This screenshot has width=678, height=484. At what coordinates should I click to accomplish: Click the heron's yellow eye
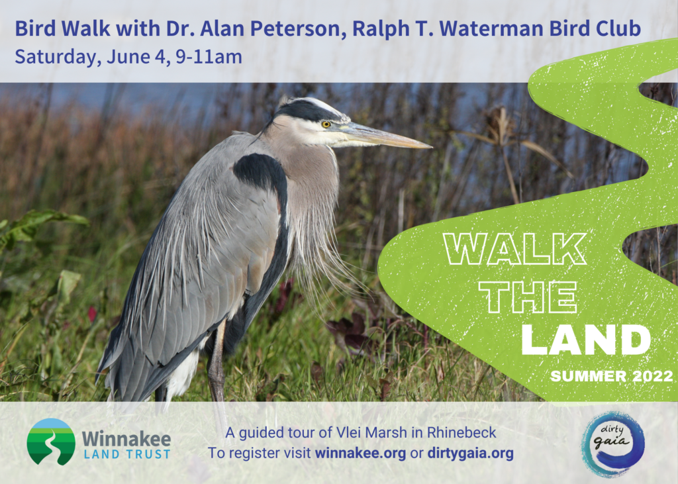click(x=326, y=124)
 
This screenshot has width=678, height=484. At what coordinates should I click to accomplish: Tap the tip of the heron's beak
click(x=431, y=147)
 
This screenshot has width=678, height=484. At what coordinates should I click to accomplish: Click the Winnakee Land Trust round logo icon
click(x=51, y=442)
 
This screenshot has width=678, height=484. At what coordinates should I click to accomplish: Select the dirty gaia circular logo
click(x=612, y=444)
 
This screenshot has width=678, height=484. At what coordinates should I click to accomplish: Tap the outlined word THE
click(x=528, y=297)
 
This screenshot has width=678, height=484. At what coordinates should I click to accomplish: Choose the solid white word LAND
click(x=586, y=340)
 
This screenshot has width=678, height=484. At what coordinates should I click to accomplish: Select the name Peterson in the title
click(x=298, y=29)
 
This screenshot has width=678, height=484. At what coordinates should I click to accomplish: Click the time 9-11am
click(x=209, y=57)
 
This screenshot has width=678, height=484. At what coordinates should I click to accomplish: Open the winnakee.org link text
click(x=360, y=454)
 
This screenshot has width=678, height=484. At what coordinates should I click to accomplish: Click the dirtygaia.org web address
click(x=471, y=454)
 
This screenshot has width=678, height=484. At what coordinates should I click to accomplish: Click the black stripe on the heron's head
click(x=308, y=111)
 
